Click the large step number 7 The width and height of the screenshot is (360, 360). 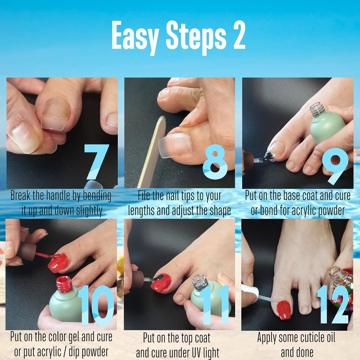96,162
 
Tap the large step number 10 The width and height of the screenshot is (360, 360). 96,305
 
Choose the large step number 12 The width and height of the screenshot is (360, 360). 333,305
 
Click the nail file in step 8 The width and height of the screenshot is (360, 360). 152,152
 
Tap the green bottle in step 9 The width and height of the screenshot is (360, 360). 327,125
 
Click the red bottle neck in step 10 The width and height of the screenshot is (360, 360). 64,284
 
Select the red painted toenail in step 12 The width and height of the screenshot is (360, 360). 284,310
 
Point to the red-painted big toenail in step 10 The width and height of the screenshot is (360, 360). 58,263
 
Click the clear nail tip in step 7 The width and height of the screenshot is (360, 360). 55,114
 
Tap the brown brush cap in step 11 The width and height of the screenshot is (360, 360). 138,279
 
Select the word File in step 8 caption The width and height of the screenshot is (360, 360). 144,196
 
